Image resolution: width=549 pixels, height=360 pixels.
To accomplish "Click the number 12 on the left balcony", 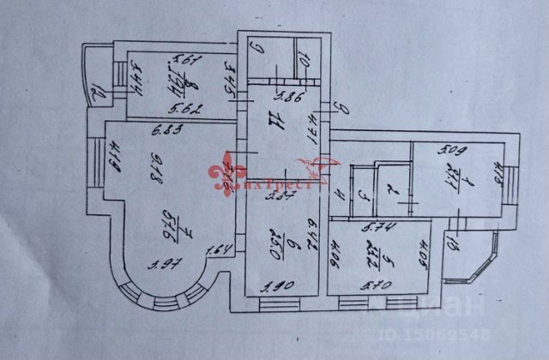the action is (97, 88).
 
